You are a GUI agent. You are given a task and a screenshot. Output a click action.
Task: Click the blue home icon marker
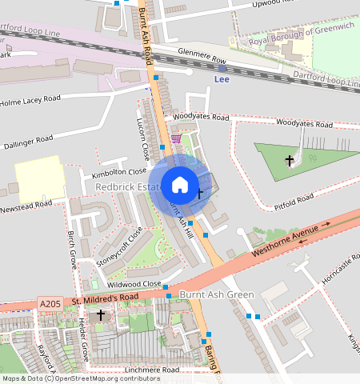pos(180,185)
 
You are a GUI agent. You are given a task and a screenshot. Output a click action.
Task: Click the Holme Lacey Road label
pos(30,102)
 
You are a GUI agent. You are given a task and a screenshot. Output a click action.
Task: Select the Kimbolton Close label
pos(119,171)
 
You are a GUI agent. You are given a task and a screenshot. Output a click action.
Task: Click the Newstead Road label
pos(26,204)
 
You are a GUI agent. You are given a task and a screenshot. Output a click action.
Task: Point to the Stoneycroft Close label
pos(119,246)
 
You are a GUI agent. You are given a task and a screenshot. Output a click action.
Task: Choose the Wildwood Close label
pos(134,284)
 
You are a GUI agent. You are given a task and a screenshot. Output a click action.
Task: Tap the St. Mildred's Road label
pos(104,298)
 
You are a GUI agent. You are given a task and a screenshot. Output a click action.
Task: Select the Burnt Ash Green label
pos(216,294)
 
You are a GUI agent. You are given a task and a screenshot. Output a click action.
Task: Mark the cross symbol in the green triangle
pos(290,161)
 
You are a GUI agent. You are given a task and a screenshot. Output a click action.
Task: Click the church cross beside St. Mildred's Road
pos(101,315)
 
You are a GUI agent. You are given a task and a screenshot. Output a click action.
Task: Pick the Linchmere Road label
pos(151,370)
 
